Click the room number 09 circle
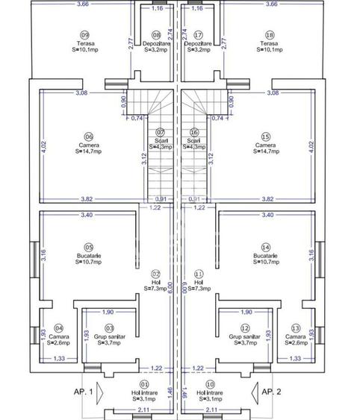pos(84,35)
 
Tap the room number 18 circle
pos(270,35)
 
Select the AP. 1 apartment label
pos(83,391)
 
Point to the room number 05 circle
pos(89,247)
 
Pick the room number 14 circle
pos(265,247)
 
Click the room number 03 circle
pos(110,327)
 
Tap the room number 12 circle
pos(245,327)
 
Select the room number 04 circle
pos(60,327)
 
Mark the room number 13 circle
pos(297,327)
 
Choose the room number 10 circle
pos(210,384)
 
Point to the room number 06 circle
pos(89,137)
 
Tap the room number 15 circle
pos(266,137)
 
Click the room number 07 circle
pos(160,131)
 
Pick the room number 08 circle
pos(156,35)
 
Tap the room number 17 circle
pos(199,35)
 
